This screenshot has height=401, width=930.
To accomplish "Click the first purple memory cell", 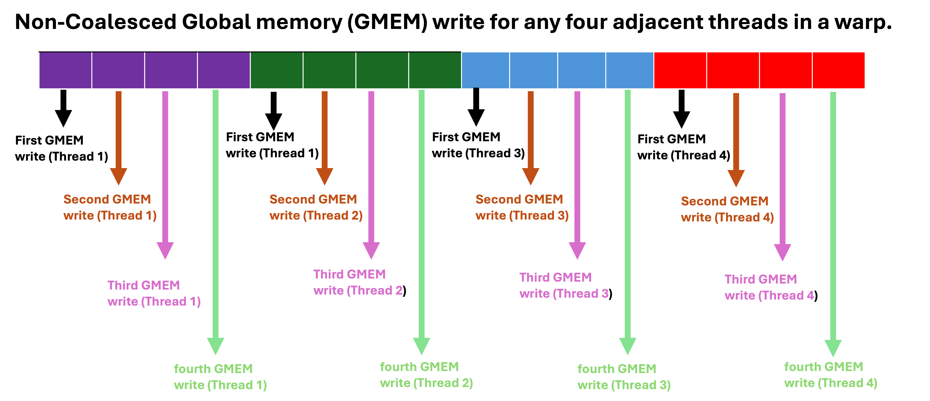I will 65,70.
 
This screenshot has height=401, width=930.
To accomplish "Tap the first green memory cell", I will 277,70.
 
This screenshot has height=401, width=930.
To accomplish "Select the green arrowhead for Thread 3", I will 628,346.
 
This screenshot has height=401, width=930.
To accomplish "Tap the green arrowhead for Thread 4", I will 833,348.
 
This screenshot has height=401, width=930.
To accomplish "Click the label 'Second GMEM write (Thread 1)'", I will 110,207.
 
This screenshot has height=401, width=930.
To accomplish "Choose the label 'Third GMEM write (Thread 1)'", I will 154,293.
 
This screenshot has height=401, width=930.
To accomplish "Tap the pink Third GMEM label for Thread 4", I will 769,287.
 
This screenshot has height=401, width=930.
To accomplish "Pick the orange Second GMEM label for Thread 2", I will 316,207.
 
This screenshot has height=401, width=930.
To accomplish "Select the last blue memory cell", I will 630,70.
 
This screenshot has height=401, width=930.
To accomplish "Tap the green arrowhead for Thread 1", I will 215,346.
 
